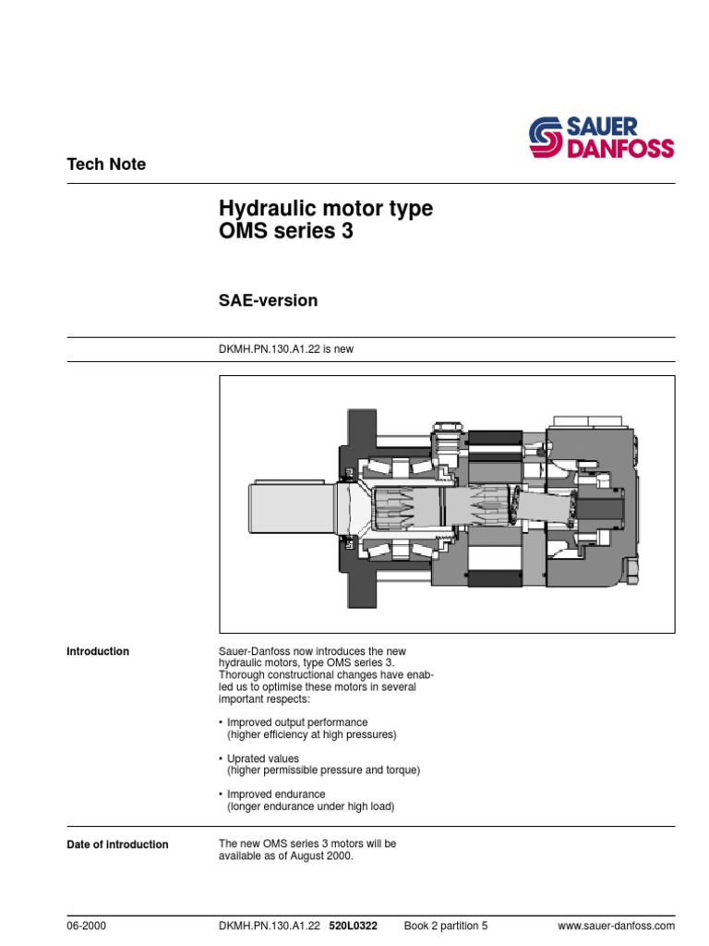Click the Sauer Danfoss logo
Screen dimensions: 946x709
(601, 137)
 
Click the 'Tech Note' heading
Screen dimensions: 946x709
(106, 164)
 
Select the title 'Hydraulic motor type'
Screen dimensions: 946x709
(325, 209)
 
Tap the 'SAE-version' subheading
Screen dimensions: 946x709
(268, 300)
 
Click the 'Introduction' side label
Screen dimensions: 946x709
(98, 651)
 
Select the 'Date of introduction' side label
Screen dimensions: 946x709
(117, 844)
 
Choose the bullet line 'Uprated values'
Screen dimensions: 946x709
(262, 758)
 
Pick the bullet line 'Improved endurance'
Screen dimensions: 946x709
(275, 794)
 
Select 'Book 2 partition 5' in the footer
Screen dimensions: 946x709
(446, 926)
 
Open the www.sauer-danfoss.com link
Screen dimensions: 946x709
(617, 926)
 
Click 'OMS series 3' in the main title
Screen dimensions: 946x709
(285, 233)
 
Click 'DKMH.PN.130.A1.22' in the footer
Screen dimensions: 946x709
(270, 926)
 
